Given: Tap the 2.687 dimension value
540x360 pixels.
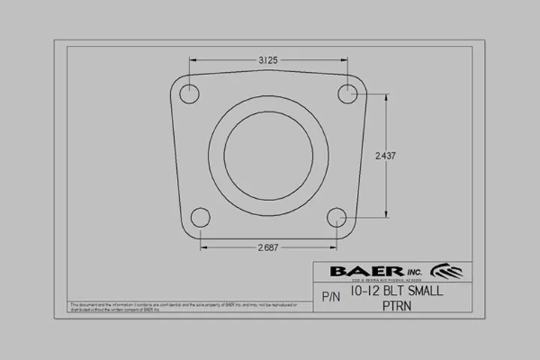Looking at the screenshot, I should (269, 247).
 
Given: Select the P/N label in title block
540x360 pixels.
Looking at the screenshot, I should (331, 297).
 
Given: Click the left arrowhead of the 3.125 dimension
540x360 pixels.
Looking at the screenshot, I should (193, 59).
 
